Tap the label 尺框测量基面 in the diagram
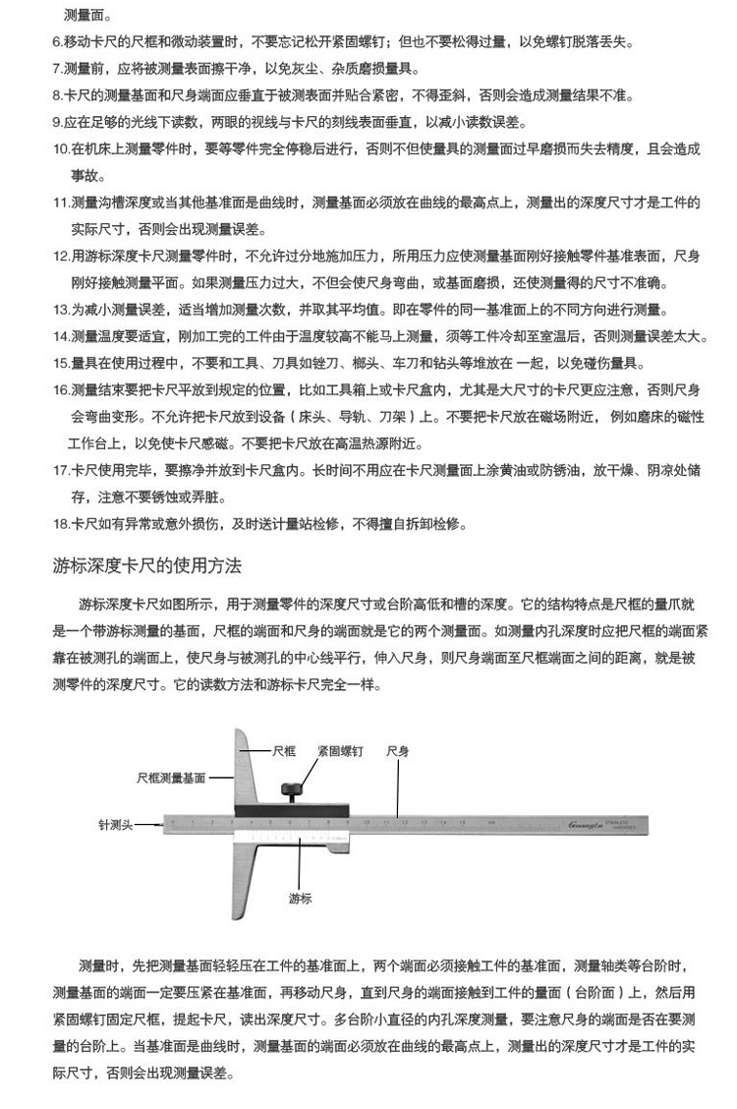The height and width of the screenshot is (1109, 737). coord(171,777)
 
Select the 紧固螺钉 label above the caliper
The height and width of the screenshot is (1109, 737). coord(340,750)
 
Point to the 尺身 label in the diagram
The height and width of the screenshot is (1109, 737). coord(398,750)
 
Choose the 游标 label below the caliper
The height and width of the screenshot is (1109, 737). coord(300,897)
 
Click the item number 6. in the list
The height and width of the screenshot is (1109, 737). coord(57,43)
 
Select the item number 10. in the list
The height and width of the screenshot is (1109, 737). coord(60,149)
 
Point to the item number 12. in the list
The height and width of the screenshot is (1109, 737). coord(60,256)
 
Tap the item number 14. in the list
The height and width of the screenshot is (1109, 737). coord(60,336)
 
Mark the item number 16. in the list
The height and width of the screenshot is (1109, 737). coord(60,389)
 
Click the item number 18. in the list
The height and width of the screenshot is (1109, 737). coord(60,523)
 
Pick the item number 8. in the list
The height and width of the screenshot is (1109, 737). coord(57,96)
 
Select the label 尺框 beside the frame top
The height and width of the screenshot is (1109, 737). coord(283,750)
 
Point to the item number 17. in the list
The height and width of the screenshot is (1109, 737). coord(60,470)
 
